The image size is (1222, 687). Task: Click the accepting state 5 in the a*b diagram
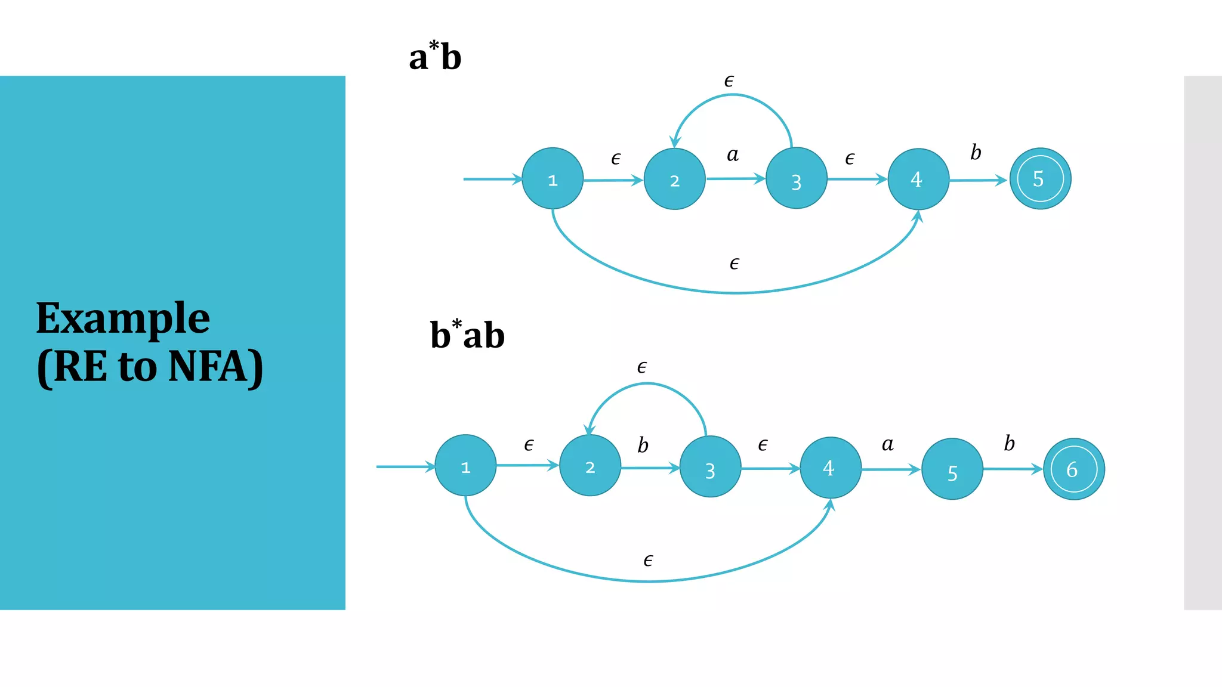coord(1040,179)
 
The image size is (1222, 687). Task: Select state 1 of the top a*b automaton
coord(553,179)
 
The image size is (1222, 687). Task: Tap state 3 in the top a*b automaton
coord(796,179)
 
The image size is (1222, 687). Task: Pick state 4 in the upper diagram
coord(918,179)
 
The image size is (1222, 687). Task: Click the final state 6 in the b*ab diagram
coord(1073,469)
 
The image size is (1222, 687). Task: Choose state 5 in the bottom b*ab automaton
coord(952,469)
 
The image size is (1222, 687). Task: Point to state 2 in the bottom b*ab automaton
coord(590,466)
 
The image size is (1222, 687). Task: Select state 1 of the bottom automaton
coord(465,466)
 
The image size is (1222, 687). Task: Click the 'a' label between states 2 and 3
coord(733,155)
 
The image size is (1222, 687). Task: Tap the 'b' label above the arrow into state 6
coord(1009,443)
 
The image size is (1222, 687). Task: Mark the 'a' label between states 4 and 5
coord(888,444)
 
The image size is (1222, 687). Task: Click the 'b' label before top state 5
coord(976,153)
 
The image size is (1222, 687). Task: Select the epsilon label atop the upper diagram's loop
coord(729,81)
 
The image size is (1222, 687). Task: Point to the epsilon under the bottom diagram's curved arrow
coord(648,561)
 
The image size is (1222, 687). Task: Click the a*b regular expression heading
coord(435,57)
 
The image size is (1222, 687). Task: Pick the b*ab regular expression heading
coord(467,335)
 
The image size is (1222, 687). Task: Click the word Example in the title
coord(123,319)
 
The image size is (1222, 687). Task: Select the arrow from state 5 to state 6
coord(1013,469)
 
